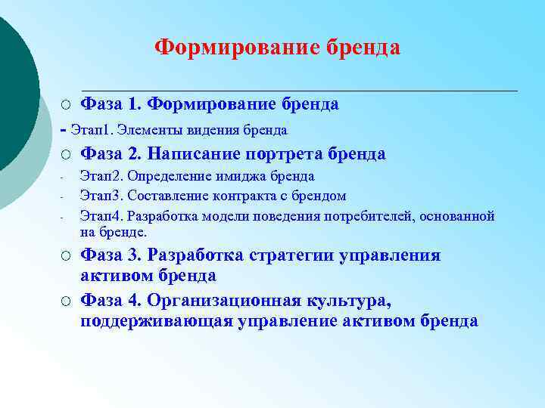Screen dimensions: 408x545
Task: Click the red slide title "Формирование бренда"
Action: (277, 48)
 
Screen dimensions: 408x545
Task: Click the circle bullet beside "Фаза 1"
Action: (67, 104)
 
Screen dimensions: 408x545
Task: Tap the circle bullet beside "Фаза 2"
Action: (67, 155)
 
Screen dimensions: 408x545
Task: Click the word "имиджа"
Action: (236, 176)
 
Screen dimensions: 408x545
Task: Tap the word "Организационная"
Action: (219, 301)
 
